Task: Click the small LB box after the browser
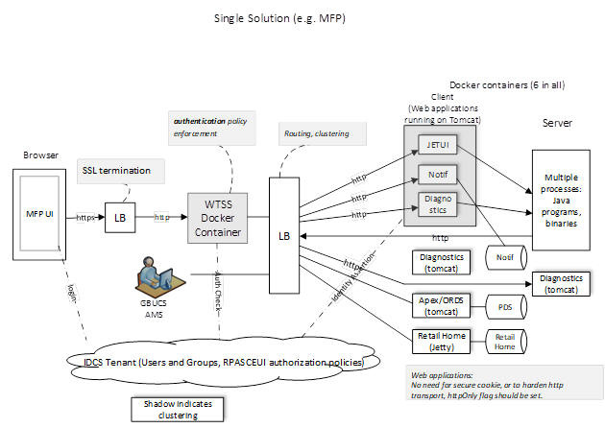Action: pyautogui.click(x=121, y=218)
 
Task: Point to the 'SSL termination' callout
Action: pyautogui.click(x=114, y=171)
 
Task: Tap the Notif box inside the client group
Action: pyautogui.click(x=433, y=175)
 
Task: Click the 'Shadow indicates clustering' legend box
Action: pyautogui.click(x=179, y=408)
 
